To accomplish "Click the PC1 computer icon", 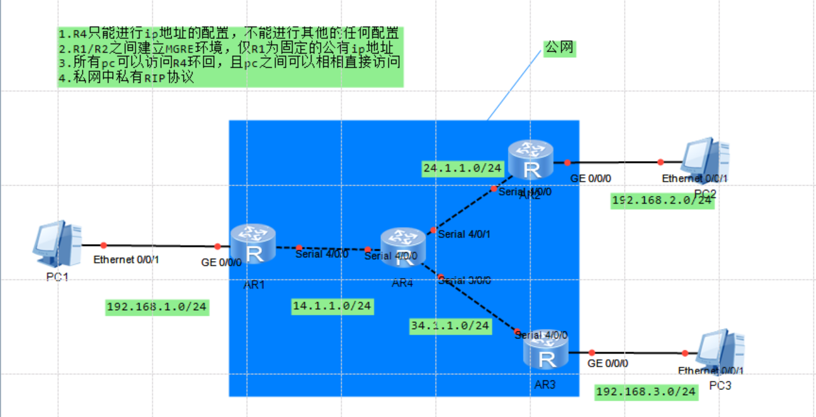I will (x=57, y=243).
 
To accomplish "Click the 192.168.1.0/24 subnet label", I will (x=157, y=307).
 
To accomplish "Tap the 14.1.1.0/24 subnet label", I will (x=332, y=306).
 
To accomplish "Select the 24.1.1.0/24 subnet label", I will (x=463, y=168).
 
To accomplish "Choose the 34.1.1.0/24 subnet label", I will (x=450, y=326).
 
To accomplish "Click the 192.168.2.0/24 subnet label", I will (x=662, y=201).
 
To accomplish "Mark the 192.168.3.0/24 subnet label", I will (x=646, y=392).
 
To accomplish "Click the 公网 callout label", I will (x=560, y=48).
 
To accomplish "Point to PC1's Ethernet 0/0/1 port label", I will (x=126, y=259).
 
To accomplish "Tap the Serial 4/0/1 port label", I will (x=464, y=235).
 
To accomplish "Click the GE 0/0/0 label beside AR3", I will (x=608, y=363).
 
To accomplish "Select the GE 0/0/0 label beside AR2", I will (x=591, y=179).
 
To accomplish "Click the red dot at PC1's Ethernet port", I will (x=104, y=245).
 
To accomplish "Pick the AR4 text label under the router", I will (x=402, y=283).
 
